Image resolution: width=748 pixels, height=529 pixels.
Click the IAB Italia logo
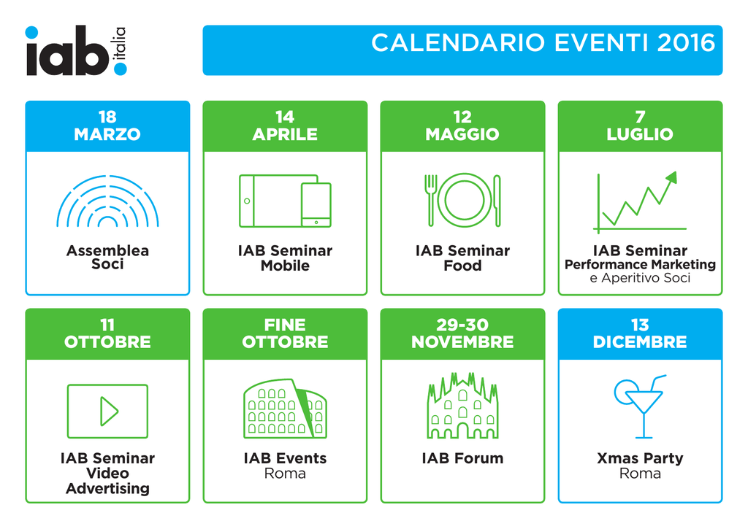[x=76, y=50]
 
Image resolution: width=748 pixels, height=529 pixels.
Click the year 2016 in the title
[x=686, y=43]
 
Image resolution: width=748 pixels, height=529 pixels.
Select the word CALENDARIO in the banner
[x=458, y=43]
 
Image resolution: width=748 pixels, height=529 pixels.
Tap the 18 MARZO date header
[x=107, y=126]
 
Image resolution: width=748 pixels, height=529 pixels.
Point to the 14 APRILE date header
[x=285, y=126]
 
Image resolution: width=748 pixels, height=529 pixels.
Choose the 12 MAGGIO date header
[x=462, y=126]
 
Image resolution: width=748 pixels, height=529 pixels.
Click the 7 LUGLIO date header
[x=640, y=126]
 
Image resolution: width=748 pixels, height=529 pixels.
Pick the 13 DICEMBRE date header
[x=640, y=334]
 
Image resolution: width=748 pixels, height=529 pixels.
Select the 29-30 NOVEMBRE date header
[x=462, y=334]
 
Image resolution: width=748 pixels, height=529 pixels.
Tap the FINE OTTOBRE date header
[x=285, y=334]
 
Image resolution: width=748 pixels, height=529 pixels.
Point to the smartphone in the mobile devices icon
[x=316, y=205]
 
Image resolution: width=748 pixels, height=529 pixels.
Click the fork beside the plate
[x=431, y=200]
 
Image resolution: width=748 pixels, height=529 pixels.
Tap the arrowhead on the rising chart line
[x=672, y=177]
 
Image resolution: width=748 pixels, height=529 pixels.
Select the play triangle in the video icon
[x=110, y=412]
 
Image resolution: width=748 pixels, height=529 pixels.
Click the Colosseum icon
[x=285, y=409]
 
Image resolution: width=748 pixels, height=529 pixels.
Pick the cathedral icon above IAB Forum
[x=462, y=406]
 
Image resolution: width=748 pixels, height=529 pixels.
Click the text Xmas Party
[x=640, y=458]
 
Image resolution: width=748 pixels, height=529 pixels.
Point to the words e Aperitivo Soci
[x=640, y=278]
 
